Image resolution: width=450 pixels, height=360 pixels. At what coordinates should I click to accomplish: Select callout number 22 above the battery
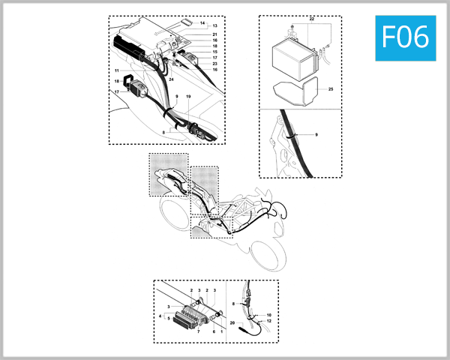point(311,16)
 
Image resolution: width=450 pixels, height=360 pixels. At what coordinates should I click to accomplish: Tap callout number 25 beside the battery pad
point(330,89)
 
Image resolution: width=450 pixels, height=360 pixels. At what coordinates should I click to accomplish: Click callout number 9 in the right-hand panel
point(316,133)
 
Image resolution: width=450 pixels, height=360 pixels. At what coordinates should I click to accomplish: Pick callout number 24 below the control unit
point(172,79)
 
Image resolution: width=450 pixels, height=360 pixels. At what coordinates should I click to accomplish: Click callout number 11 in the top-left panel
point(118,70)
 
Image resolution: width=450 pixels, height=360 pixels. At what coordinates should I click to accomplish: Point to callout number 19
point(188,97)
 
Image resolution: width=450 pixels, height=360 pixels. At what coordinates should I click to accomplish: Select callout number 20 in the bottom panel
point(233,322)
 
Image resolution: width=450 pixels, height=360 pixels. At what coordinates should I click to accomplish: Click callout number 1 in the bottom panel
point(221,331)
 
